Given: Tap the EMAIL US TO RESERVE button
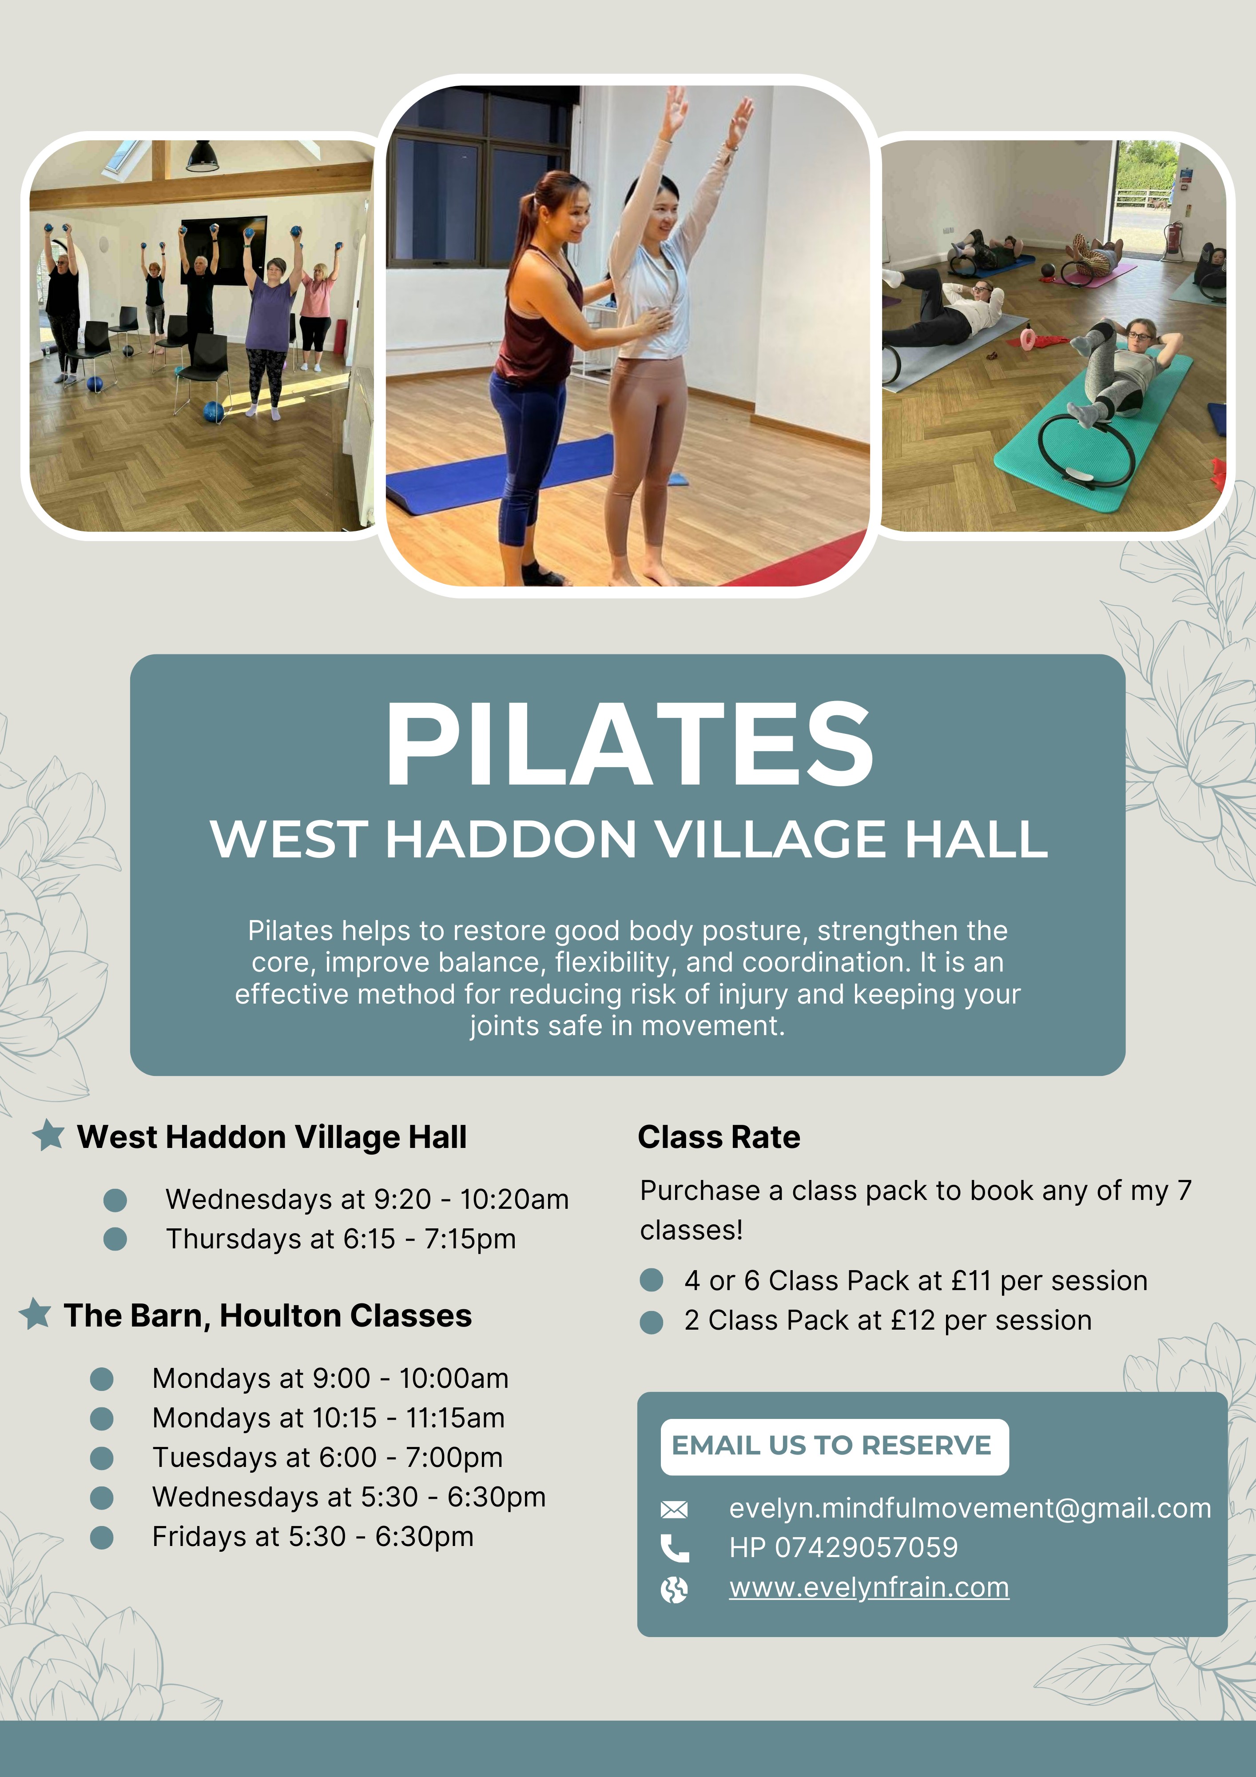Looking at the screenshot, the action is [x=834, y=1446].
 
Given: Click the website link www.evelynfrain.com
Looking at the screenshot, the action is [x=869, y=1587].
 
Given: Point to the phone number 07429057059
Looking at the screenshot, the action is [x=866, y=1548].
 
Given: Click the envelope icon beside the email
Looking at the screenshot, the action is [x=674, y=1509].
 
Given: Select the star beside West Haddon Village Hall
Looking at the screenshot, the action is [x=49, y=1136].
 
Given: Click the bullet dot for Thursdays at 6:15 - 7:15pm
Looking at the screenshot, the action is [x=115, y=1239].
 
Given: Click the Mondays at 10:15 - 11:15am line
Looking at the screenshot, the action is [x=328, y=1418].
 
